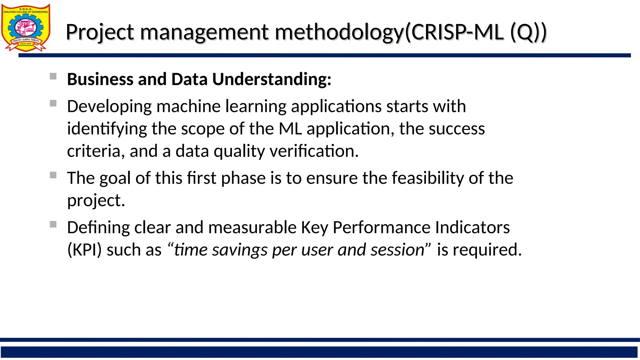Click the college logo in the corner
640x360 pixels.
[26, 27]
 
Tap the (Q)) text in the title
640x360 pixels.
[528, 32]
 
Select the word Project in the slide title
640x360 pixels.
[100, 32]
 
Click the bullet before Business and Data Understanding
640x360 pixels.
[53, 76]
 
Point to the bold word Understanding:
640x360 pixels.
[272, 79]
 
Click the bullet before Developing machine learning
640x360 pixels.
[53, 103]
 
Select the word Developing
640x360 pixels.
[109, 107]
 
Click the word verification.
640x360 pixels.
[314, 151]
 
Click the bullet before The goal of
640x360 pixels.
[53, 175]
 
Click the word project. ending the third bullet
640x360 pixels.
[96, 201]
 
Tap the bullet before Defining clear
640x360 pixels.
[53, 224]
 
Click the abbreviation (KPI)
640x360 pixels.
[84, 250]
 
